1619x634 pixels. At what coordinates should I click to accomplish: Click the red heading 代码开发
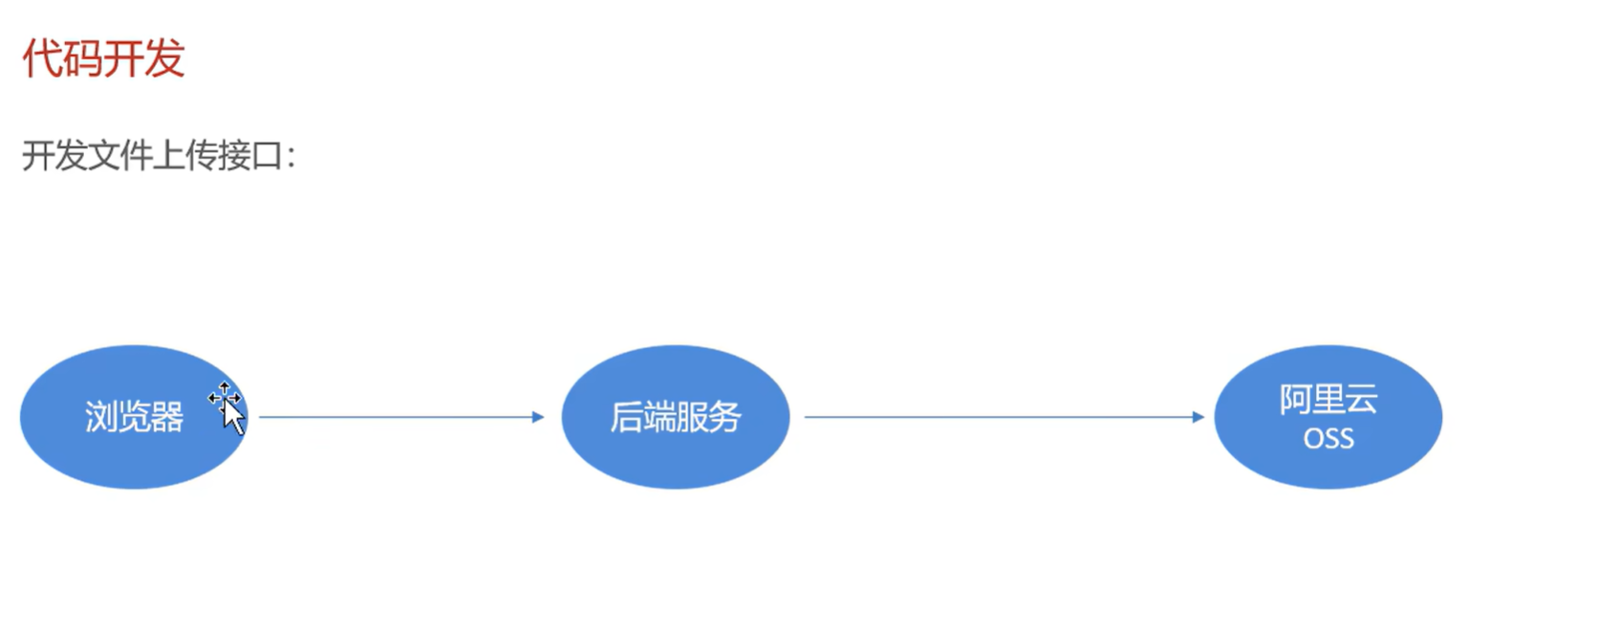click(x=103, y=59)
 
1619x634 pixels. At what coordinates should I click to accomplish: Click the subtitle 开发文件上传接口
click(x=159, y=155)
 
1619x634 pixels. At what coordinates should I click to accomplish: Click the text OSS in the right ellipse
click(x=1328, y=439)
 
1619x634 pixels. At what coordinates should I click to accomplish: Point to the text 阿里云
click(x=1328, y=400)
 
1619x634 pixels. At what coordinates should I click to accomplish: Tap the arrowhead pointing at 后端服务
click(x=539, y=417)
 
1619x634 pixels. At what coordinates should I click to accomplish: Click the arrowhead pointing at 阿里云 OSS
click(x=1198, y=417)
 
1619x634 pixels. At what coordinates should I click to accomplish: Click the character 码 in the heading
click(x=83, y=59)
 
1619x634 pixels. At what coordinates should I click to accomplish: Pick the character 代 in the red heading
click(x=42, y=59)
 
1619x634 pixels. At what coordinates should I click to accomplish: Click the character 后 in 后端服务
click(x=626, y=418)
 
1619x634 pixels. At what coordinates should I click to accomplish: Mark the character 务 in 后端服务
click(x=725, y=418)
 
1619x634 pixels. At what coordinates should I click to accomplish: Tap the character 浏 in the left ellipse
click(x=100, y=418)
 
